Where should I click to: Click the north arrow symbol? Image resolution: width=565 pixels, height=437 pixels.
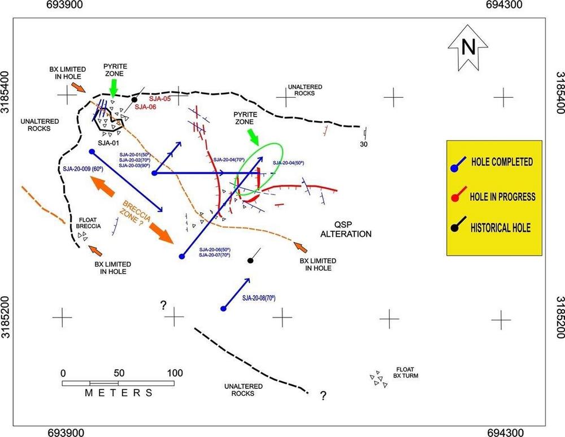coord(468,47)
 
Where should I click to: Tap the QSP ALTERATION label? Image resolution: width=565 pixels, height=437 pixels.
coord(346,230)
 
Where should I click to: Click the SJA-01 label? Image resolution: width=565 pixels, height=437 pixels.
coord(108,143)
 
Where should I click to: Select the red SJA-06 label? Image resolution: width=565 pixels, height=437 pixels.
coord(145,107)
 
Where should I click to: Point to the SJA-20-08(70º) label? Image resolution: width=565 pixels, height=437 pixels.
coord(259,298)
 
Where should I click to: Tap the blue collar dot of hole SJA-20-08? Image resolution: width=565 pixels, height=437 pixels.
coord(223,308)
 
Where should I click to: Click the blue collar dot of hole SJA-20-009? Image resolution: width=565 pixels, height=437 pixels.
coord(92,152)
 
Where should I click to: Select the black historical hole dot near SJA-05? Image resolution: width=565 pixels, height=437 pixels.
coord(134,99)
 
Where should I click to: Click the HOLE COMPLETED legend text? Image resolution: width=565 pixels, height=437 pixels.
coord(502,162)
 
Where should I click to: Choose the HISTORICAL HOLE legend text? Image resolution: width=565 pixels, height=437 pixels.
coord(501,228)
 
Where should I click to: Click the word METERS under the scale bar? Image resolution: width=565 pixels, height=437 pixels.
coord(119,393)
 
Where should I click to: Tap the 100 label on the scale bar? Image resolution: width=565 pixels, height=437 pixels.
coord(175,373)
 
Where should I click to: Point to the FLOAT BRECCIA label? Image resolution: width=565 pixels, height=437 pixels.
coord(88,223)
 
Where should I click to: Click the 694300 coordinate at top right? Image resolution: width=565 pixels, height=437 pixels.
coord(504,5)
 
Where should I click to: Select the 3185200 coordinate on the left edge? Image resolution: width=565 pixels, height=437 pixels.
coord(6,317)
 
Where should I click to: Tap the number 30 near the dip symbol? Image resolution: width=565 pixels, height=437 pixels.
coord(363,144)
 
